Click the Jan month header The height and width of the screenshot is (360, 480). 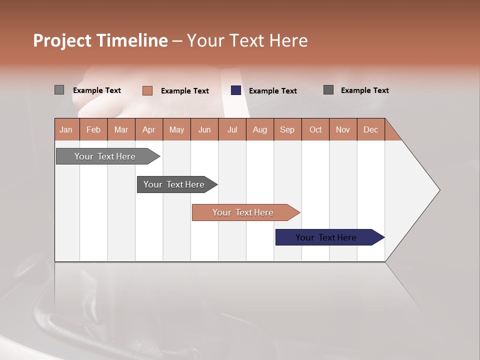click(x=66, y=129)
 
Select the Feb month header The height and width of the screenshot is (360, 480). click(x=93, y=129)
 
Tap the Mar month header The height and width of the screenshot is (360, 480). click(x=121, y=129)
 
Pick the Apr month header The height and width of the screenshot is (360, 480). click(x=149, y=129)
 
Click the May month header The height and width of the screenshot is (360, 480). click(x=176, y=129)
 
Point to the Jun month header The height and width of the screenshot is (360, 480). click(x=204, y=129)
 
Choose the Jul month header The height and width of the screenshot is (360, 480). click(x=232, y=129)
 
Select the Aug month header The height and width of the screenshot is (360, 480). click(x=260, y=129)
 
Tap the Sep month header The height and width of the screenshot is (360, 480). click(x=287, y=129)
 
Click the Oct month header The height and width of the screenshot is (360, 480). click(x=315, y=129)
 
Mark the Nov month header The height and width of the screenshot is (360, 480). click(x=343, y=129)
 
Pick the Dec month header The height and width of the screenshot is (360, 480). click(x=371, y=129)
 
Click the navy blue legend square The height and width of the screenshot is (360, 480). click(x=236, y=90)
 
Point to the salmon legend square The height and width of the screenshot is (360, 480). click(x=147, y=90)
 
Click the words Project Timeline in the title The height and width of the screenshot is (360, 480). click(x=100, y=40)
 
